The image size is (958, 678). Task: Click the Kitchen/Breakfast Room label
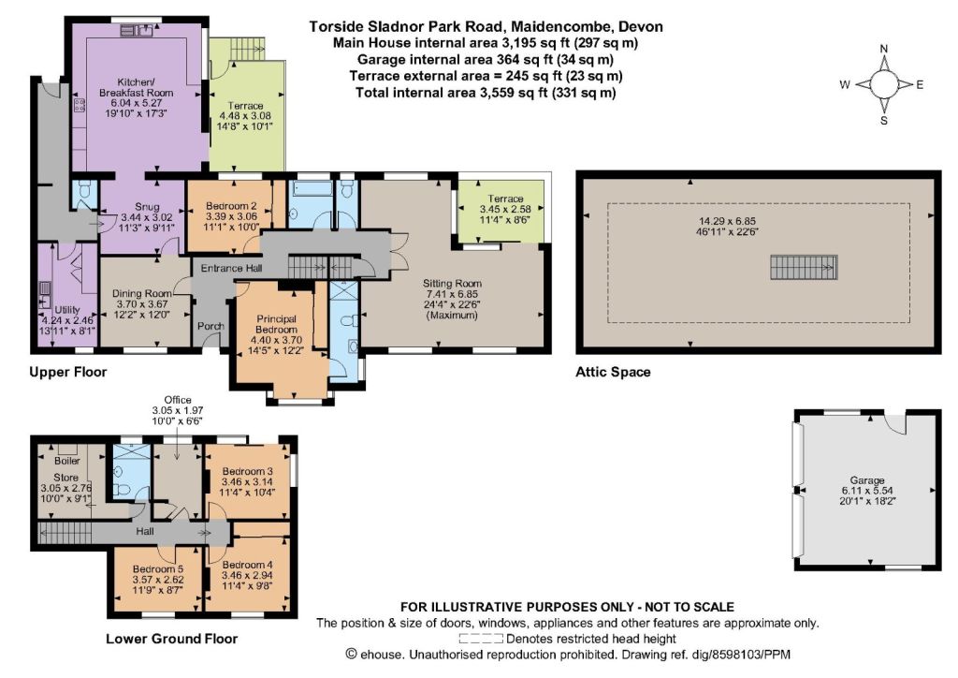137,87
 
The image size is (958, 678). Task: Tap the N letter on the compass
883,49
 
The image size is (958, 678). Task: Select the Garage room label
867,480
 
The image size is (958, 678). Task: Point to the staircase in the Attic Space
803,267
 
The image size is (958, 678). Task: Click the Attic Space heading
613,372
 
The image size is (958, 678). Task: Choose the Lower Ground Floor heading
172,639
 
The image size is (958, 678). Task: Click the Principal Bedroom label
276,324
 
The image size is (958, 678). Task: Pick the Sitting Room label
452,283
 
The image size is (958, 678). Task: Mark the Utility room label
67,310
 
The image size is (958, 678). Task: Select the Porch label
210,326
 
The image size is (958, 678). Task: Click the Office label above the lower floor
178,400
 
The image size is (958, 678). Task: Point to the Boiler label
67,461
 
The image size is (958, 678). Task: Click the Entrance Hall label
232,268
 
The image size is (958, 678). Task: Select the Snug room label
147,207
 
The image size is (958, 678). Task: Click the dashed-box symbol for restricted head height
482,640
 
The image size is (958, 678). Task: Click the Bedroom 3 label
247,471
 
